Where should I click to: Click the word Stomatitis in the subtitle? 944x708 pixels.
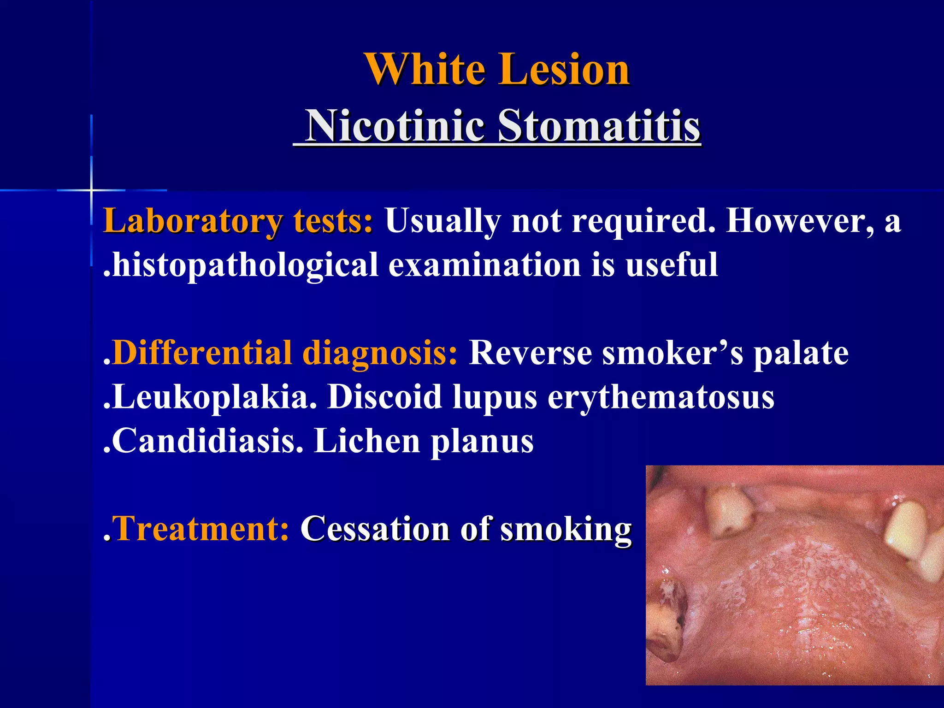[x=599, y=125]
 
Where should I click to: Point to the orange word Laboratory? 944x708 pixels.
[x=192, y=221]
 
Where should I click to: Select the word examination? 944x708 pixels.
[x=484, y=265]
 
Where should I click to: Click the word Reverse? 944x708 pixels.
[x=530, y=353]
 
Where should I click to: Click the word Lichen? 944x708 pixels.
[x=367, y=441]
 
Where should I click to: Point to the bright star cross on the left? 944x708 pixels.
[x=91, y=190]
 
